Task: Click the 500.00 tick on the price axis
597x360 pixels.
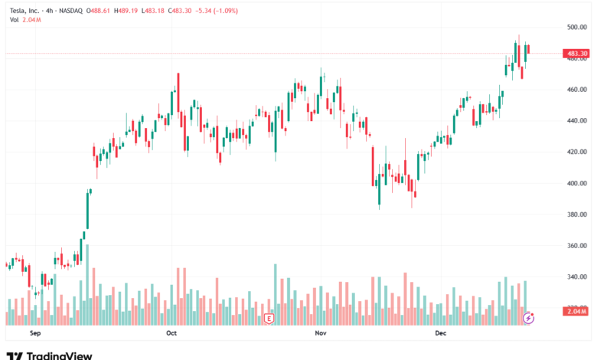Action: point(576,27)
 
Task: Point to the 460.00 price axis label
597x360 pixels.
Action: point(576,90)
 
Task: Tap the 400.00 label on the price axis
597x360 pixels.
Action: point(576,183)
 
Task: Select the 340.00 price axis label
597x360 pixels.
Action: point(576,277)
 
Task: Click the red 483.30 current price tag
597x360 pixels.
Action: point(576,54)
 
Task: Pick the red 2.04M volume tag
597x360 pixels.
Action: point(576,310)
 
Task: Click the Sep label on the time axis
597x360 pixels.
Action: point(34,334)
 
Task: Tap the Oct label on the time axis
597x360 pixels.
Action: point(171,334)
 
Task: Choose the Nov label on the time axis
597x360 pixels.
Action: point(321,334)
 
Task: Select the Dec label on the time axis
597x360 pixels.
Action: point(440,334)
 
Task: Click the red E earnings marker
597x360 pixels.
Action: point(269,318)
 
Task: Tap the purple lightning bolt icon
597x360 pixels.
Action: point(528,318)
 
